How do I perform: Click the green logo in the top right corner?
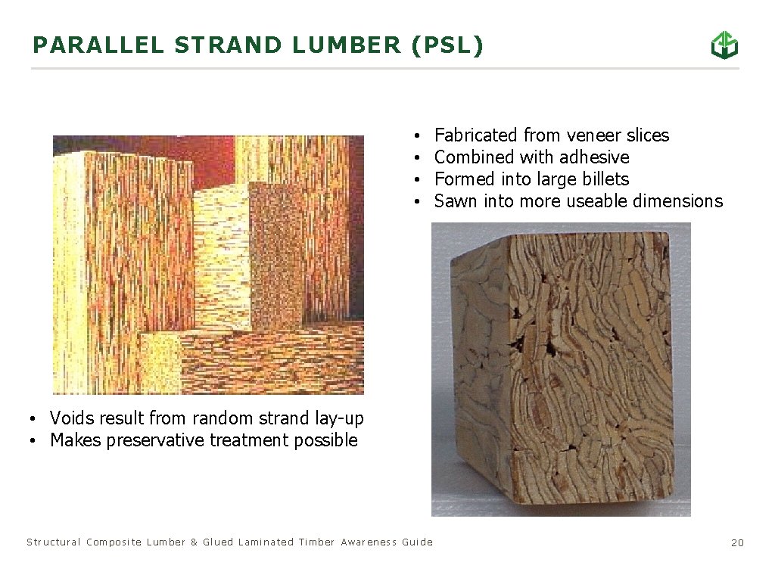724,45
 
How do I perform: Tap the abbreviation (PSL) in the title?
446,45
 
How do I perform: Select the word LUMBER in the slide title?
347,45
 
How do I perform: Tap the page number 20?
737,542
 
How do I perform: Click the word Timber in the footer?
316,542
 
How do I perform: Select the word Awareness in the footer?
369,542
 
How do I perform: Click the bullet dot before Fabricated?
418,136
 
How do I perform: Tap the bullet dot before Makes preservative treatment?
34,441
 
